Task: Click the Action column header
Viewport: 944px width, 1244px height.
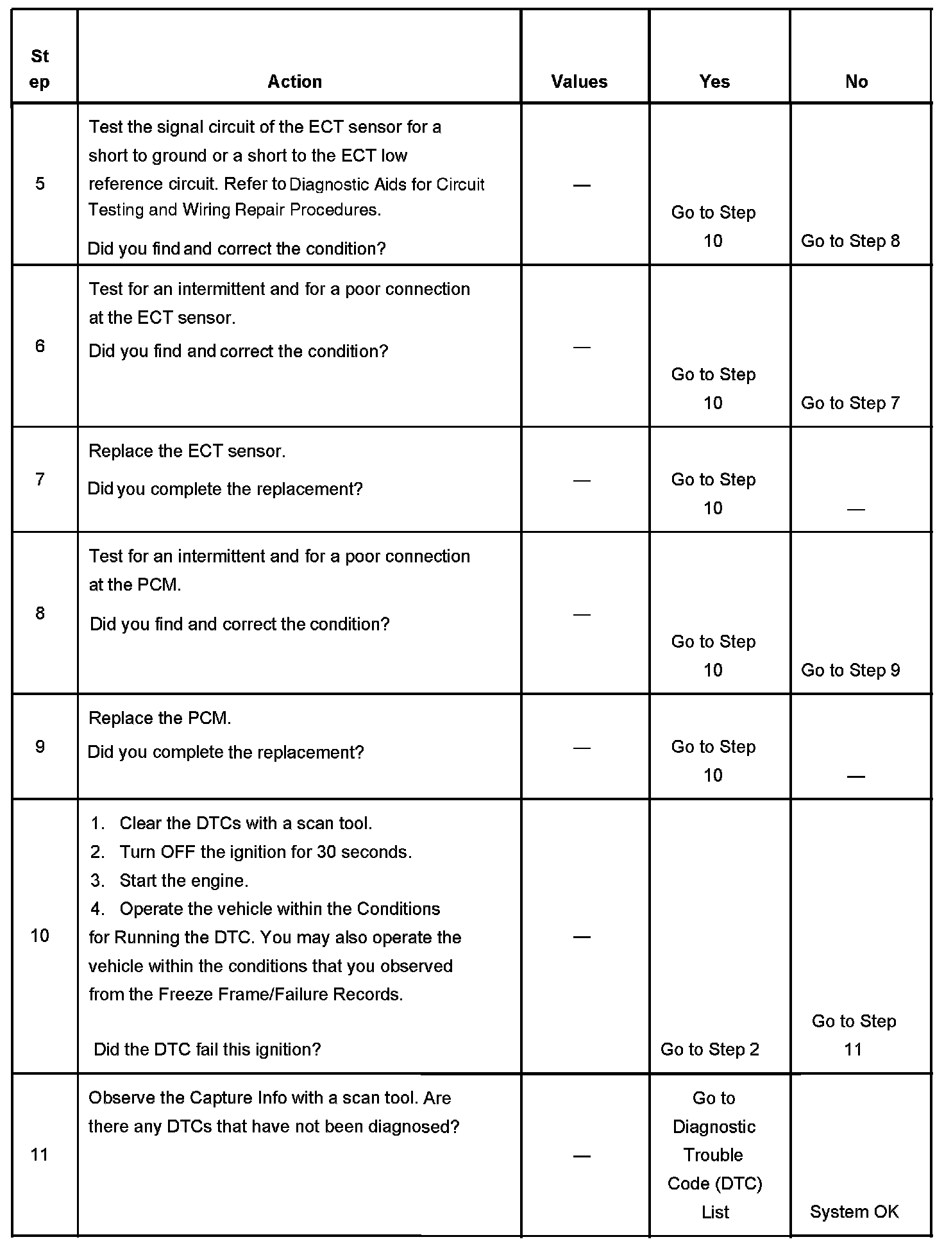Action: pos(294,81)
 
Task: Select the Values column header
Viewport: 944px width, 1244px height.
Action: pos(579,81)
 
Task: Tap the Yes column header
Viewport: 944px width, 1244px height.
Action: pos(714,81)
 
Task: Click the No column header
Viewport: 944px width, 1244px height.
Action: pos(856,81)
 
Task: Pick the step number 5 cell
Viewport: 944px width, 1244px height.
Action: pos(40,184)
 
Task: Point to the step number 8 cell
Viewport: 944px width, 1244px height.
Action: pos(40,613)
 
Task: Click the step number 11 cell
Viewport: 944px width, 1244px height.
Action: pos(40,1155)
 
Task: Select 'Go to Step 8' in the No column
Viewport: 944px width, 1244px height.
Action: pos(850,241)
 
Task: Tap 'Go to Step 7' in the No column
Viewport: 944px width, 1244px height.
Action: pos(850,403)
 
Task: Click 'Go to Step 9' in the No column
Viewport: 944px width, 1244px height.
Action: pos(850,670)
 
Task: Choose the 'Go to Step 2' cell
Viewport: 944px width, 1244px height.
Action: pos(709,1050)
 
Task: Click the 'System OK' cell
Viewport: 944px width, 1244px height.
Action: pos(854,1212)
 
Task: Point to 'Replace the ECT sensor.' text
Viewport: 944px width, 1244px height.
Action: pos(187,451)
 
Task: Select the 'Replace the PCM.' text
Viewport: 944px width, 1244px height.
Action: pos(160,718)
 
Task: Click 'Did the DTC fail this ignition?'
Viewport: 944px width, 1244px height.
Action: pos(207,1050)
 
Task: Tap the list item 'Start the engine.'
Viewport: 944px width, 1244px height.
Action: pos(183,880)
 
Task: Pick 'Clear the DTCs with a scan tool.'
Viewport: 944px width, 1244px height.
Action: pos(246,823)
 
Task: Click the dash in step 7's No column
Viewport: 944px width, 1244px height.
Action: pos(855,509)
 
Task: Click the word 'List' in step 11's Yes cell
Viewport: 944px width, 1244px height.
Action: pos(714,1212)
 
